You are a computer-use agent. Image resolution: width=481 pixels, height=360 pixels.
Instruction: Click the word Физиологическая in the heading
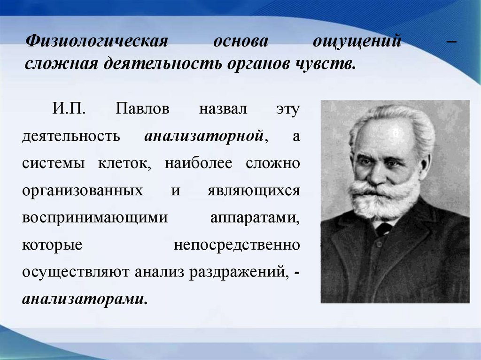click(97, 41)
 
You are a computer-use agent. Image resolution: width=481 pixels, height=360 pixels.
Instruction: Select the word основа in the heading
click(241, 41)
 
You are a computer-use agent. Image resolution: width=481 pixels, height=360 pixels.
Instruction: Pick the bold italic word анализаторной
click(206, 136)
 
